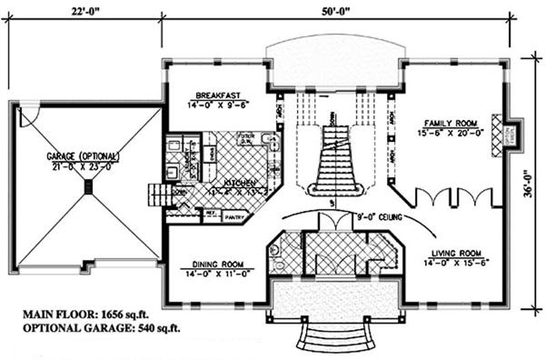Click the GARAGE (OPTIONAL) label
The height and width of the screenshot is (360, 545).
click(89, 156)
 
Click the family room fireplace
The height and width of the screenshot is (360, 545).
click(497, 130)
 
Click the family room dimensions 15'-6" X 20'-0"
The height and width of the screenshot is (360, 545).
click(446, 134)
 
